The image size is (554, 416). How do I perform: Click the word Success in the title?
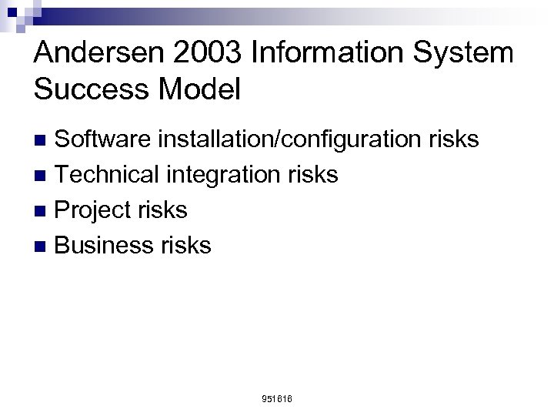coord(83,89)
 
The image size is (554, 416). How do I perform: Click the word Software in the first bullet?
coord(105,139)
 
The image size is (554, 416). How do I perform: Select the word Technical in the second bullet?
coord(107,175)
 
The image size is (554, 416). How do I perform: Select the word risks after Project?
coord(162,210)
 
